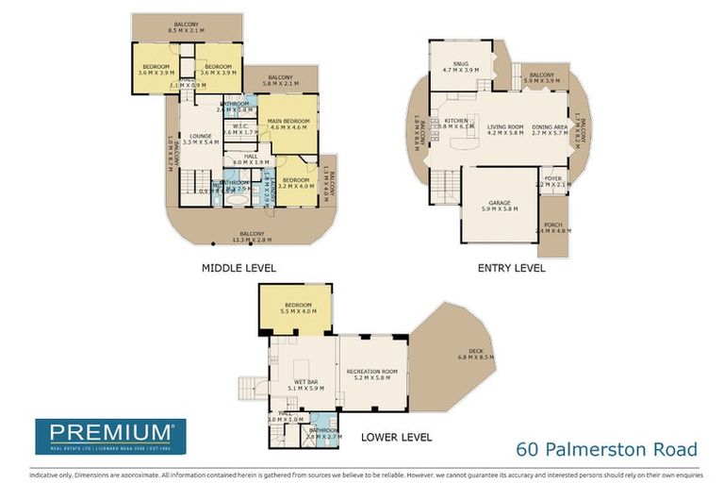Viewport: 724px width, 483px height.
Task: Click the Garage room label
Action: pyautogui.click(x=500, y=205)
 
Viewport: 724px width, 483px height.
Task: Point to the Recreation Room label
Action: pyautogui.click(x=372, y=374)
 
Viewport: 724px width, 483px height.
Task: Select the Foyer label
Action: pyautogui.click(x=552, y=181)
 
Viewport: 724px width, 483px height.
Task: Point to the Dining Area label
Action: pyautogui.click(x=550, y=130)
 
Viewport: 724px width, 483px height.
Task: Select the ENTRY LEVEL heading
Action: pyautogui.click(x=511, y=268)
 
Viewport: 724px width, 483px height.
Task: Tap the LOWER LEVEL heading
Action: pyautogui.click(x=397, y=437)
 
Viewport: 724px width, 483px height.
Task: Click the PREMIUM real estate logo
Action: pyautogui.click(x=110, y=436)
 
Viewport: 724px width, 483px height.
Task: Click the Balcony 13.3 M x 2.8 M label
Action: pyautogui.click(x=251, y=237)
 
